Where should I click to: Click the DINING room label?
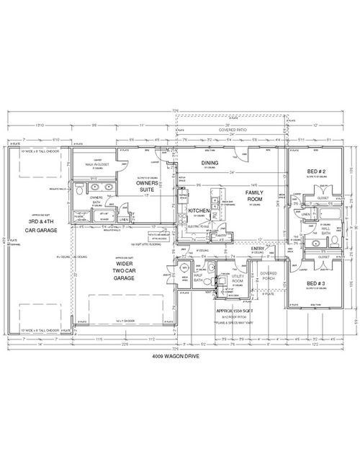click(x=210, y=163)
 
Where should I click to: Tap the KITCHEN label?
click(x=199, y=210)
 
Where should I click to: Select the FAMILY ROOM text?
click(x=254, y=197)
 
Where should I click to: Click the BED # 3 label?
click(x=315, y=283)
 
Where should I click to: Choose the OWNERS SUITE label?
click(x=148, y=187)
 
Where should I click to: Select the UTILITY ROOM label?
click(x=239, y=278)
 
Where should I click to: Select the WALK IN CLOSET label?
click(x=96, y=165)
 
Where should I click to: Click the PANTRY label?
click(x=221, y=235)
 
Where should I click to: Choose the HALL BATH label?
click(x=325, y=230)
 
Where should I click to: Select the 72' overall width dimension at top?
click(x=174, y=110)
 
